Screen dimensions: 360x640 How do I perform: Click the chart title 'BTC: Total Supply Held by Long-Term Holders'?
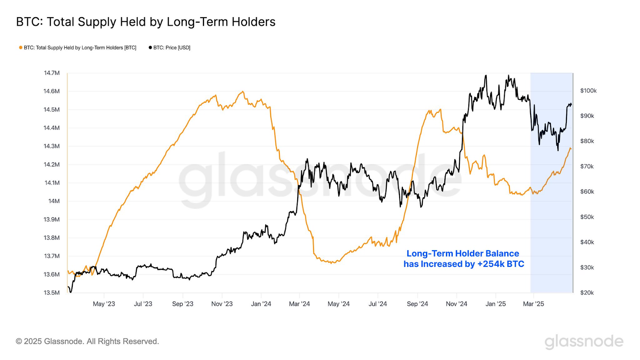pyautogui.click(x=146, y=22)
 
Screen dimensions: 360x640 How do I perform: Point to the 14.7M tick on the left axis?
pyautogui.click(x=52, y=73)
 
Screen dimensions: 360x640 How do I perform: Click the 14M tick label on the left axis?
pyautogui.click(x=54, y=201)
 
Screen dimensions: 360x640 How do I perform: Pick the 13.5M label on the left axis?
pyautogui.click(x=52, y=292)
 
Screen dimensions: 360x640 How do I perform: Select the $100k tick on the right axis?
pyautogui.click(x=588, y=91)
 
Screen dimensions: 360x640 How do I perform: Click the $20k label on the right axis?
pyautogui.click(x=587, y=292)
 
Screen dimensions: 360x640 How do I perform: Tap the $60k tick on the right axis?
pyautogui.click(x=587, y=192)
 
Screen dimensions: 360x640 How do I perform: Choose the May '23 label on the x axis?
pyautogui.click(x=104, y=304)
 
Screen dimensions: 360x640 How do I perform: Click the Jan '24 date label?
pyautogui.click(x=261, y=304)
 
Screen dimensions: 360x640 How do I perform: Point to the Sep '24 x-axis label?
pyautogui.click(x=417, y=304)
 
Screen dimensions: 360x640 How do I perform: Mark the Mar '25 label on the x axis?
pyautogui.click(x=534, y=304)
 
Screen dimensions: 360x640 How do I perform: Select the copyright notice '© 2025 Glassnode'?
pyautogui.click(x=87, y=341)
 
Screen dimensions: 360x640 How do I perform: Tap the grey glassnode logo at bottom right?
pyautogui.click(x=584, y=342)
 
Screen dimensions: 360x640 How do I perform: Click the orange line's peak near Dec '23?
pyautogui.click(x=242, y=92)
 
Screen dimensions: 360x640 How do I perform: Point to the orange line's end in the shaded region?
pyautogui.click(x=571, y=149)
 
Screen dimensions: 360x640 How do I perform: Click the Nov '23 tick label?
pyautogui.click(x=222, y=304)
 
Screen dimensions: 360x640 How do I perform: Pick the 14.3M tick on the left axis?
pyautogui.click(x=52, y=146)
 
